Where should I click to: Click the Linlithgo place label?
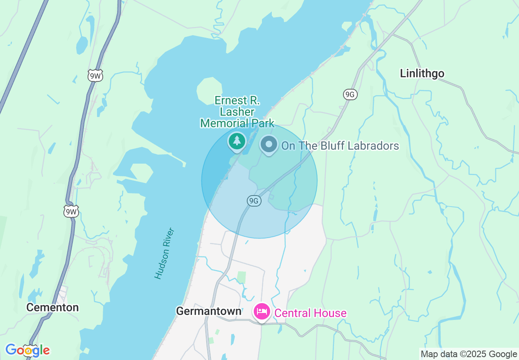422,74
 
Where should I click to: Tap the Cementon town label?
52,308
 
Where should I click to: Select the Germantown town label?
208,311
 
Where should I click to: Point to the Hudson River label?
165,254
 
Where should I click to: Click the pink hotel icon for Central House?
262,313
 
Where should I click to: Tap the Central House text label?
310,313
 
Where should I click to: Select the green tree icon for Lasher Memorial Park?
237,141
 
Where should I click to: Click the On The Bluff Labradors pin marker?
269,145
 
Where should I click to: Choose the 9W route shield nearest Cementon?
71,211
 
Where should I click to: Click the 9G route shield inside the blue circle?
254,200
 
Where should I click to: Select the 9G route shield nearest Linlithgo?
350,94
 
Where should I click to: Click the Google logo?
27,350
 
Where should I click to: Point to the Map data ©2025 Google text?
469,354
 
